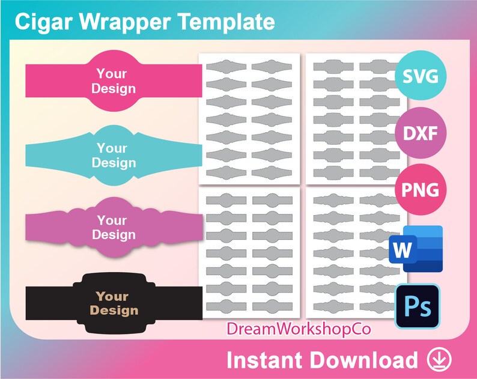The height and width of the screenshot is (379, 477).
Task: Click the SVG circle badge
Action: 420,76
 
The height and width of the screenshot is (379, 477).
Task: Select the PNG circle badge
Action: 420,190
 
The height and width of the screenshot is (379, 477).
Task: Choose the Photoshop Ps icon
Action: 417,307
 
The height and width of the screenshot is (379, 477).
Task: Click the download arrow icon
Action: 440,359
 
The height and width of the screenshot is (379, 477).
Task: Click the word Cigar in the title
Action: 43,22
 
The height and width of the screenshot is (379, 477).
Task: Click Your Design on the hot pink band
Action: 113,81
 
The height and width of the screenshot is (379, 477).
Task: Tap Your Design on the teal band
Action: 113,155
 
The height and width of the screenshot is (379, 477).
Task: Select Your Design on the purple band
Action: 113,228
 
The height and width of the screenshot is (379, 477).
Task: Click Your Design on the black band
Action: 113,303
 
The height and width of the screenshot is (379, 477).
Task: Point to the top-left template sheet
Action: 249,119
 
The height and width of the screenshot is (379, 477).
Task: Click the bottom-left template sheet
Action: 249,252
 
